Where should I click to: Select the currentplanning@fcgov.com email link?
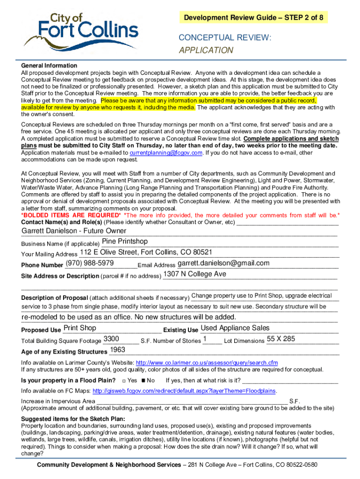(166, 152)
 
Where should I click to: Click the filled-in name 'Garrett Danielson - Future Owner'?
(74, 231)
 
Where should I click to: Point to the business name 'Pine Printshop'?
(125, 241)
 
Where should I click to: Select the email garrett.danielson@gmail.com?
(223, 263)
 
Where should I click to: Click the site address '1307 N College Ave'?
(194, 274)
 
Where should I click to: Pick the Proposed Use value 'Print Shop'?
(79, 328)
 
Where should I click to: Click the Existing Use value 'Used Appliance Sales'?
(235, 328)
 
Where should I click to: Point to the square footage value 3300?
(111, 339)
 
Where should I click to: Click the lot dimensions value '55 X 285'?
(281, 339)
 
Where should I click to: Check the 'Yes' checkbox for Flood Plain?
(123, 380)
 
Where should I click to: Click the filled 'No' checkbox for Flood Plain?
(144, 380)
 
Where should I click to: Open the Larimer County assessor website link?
(206, 363)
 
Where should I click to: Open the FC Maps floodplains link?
(185, 391)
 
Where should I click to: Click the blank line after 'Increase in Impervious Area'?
(192, 401)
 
